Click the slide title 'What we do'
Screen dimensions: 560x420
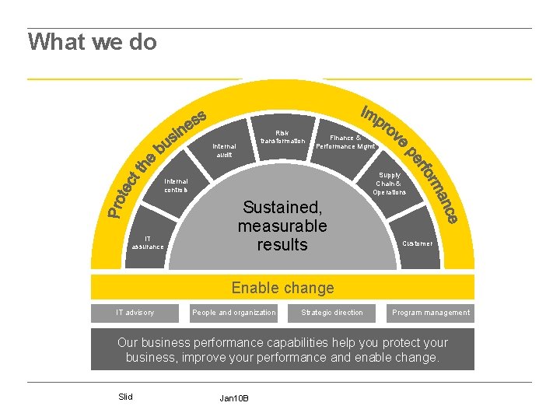pyautogui.click(x=93, y=41)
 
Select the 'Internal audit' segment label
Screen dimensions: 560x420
pyautogui.click(x=224, y=149)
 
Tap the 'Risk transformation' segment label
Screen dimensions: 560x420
pyautogui.click(x=282, y=137)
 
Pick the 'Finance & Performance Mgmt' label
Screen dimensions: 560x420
pyautogui.click(x=345, y=142)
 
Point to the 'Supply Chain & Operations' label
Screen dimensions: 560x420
pyautogui.click(x=389, y=184)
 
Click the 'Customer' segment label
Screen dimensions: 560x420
pyautogui.click(x=417, y=243)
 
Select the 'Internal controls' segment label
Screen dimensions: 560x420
pyautogui.click(x=176, y=185)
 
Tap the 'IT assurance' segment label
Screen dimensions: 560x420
pyautogui.click(x=148, y=242)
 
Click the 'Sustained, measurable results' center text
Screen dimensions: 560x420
pyautogui.click(x=282, y=226)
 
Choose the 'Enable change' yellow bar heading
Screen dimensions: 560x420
pyautogui.click(x=282, y=288)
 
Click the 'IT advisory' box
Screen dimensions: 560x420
pyautogui.click(x=135, y=313)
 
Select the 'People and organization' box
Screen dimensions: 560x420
pyautogui.click(x=233, y=313)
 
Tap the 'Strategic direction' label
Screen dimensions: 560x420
pyautogui.click(x=332, y=313)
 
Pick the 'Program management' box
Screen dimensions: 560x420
pyautogui.click(x=431, y=313)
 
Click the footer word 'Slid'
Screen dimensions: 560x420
pyautogui.click(x=125, y=397)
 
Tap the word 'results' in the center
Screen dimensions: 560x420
pyautogui.click(x=282, y=244)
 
